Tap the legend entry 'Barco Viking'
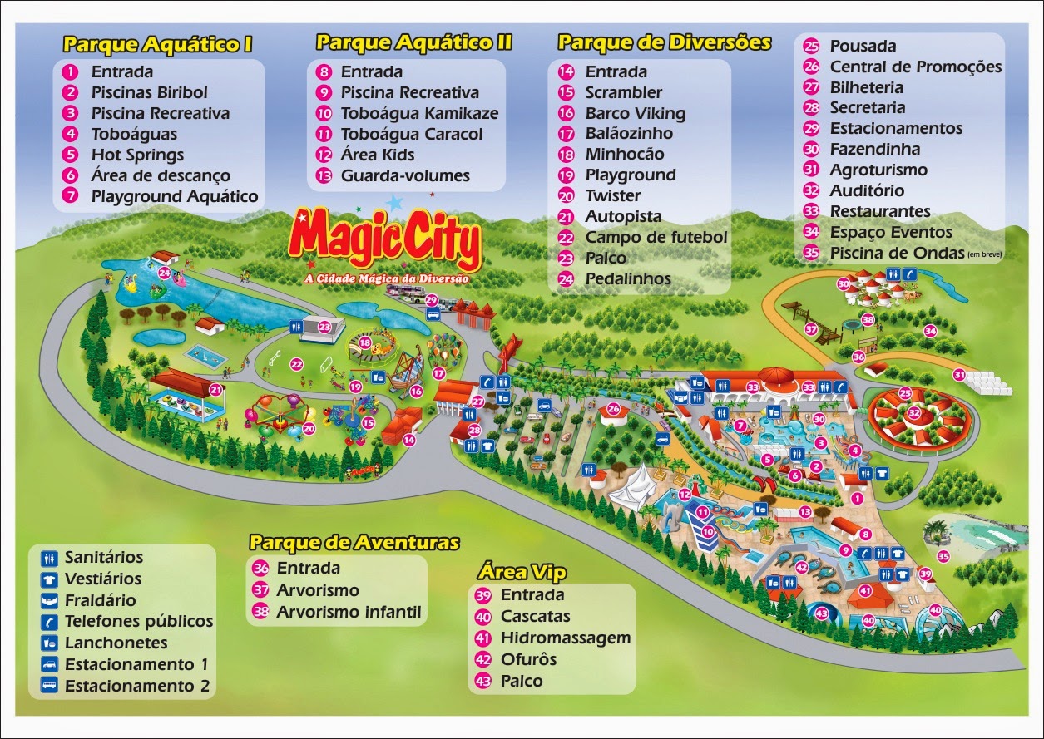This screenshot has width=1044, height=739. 635,113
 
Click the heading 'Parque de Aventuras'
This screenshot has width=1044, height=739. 354,543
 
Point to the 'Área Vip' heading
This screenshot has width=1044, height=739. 522,572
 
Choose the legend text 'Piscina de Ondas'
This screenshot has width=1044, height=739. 895,253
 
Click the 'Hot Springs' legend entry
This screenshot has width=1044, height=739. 137,155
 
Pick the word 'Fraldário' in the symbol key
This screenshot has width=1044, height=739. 101,600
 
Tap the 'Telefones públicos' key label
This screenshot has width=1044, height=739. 139,621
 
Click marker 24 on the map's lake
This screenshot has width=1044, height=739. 164,273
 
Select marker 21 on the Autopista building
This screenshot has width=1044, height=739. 216,389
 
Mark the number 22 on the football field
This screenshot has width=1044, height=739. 296,363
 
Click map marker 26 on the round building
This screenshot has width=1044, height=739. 614,409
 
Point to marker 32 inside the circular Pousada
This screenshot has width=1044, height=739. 914,412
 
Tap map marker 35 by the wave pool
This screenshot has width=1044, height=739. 943,556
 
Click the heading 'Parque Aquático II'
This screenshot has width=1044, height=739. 413,42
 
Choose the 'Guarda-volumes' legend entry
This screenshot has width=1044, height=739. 405,175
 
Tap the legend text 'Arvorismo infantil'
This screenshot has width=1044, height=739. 349,613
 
